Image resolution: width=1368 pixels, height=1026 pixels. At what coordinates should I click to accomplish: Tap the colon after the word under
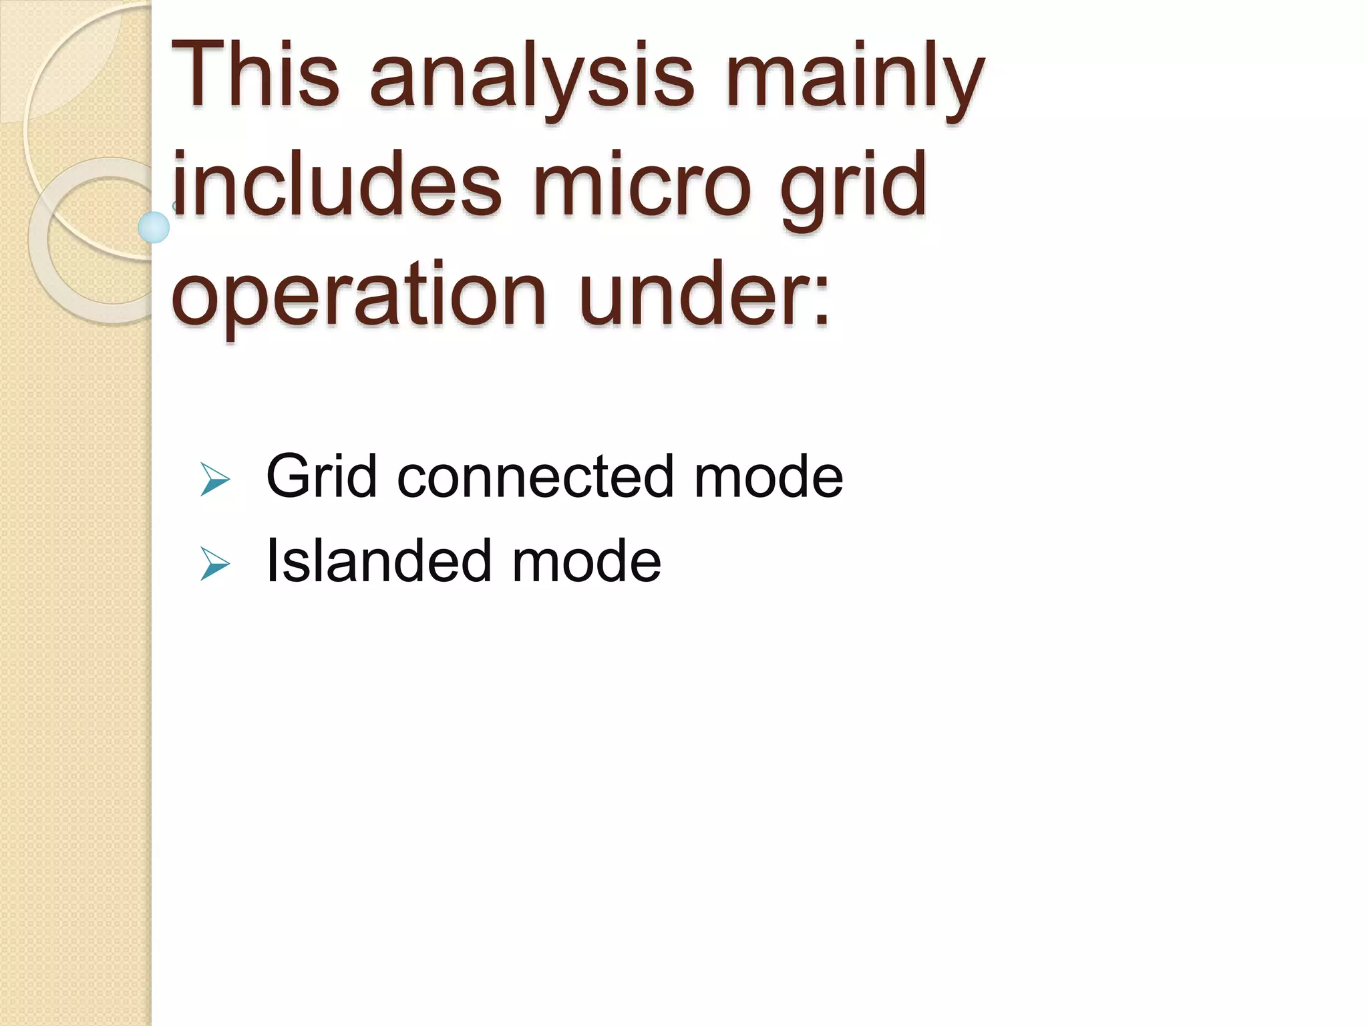coord(820,304)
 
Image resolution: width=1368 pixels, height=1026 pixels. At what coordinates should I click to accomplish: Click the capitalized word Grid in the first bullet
coord(321,476)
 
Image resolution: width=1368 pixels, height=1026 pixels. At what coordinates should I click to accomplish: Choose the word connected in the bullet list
coord(535,476)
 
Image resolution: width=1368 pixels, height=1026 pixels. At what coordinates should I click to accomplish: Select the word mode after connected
coord(768,476)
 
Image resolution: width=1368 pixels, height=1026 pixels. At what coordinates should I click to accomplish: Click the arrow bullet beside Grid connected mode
coord(215,481)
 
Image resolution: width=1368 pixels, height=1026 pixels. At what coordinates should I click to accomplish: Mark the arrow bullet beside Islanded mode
coord(215,565)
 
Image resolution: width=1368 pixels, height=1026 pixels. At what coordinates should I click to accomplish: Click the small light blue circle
coord(154,227)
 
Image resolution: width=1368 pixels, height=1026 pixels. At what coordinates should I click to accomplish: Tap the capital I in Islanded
coord(272,561)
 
